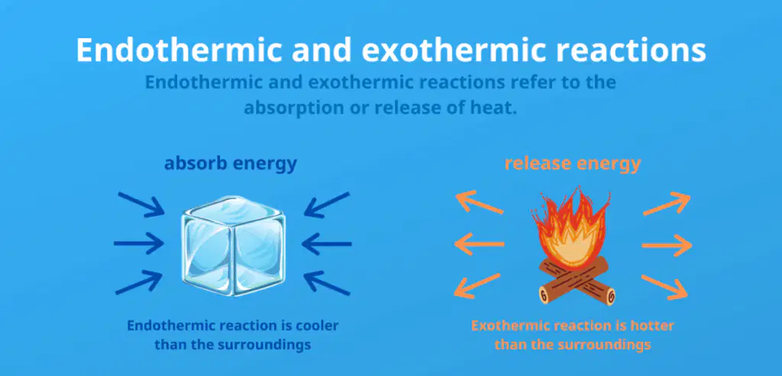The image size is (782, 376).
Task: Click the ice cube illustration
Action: [234, 246]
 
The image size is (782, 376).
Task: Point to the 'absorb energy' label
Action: [231, 163]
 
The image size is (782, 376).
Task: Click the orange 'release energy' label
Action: [573, 163]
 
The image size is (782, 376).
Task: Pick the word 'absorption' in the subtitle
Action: [287, 108]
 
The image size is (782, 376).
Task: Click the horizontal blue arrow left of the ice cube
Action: [139, 243]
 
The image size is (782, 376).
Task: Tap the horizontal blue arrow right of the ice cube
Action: [327, 244]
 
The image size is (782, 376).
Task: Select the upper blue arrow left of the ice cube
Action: [141, 204]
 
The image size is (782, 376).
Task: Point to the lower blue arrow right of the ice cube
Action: [327, 282]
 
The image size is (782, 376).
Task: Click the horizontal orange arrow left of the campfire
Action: [480, 244]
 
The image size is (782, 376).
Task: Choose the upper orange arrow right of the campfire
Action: [667, 203]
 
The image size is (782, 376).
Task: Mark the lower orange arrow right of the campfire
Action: [664, 287]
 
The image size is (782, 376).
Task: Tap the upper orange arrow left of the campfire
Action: [480, 203]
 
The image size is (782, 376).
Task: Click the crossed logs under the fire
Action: [577, 281]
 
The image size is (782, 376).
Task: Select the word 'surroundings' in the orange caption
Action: [607, 345]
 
